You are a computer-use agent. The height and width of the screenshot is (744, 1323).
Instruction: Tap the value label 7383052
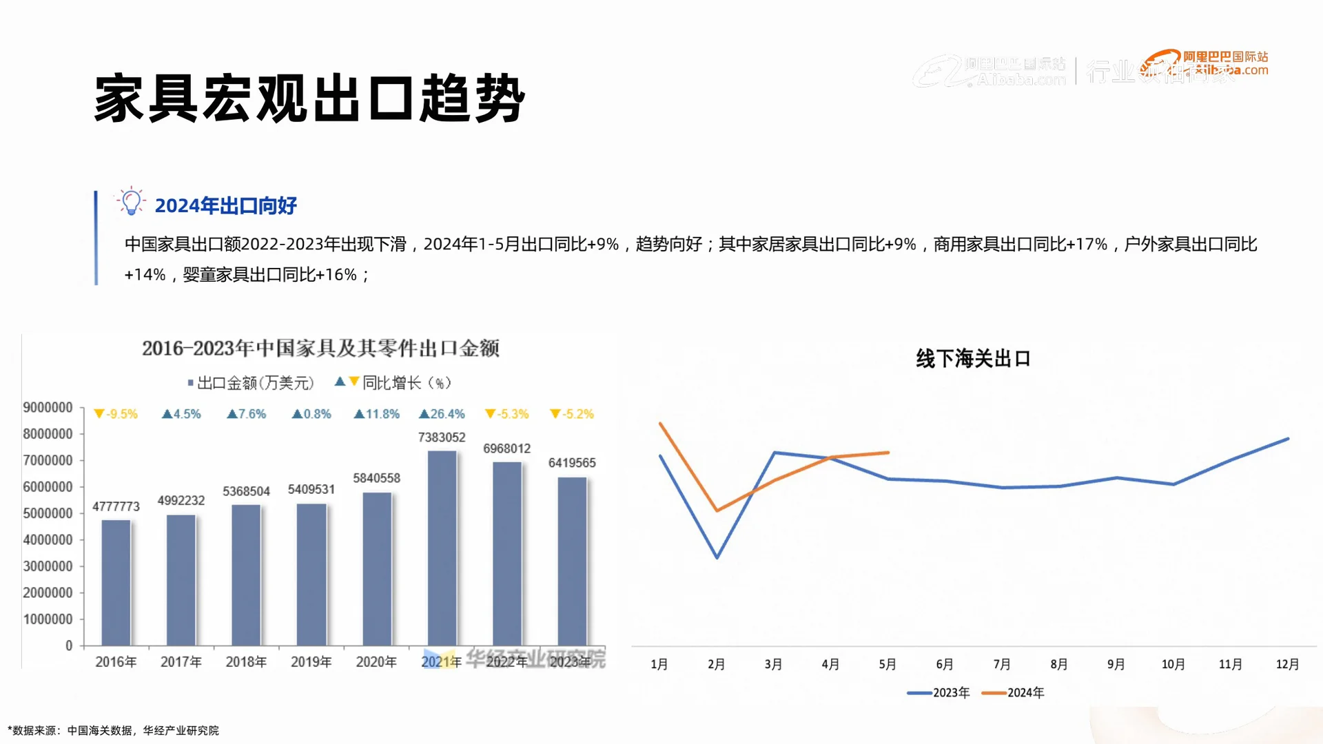click(442, 437)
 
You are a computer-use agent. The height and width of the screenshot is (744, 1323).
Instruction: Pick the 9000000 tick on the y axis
click(48, 408)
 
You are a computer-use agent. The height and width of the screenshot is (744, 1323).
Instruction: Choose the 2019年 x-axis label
click(311, 662)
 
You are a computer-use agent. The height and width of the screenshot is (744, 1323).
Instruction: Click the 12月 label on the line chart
click(1287, 664)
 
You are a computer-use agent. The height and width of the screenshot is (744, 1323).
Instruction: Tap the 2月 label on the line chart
click(716, 664)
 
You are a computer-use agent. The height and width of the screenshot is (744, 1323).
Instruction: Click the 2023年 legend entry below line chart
click(939, 692)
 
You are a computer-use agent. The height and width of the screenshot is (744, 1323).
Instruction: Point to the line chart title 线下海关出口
click(973, 359)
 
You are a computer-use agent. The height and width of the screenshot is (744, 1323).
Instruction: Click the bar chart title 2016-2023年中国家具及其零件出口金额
click(320, 349)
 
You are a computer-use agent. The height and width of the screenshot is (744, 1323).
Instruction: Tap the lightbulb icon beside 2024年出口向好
click(130, 202)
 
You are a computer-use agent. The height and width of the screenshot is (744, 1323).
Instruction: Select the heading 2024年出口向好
click(225, 205)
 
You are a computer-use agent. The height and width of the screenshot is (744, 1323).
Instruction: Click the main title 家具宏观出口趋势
click(309, 99)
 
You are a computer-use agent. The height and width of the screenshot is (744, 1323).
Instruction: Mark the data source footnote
click(114, 730)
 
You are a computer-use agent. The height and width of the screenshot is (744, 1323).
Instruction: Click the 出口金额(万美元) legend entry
click(251, 383)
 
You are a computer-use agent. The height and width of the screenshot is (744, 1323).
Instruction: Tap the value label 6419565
click(572, 463)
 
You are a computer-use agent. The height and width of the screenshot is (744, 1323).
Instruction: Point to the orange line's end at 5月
click(888, 453)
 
